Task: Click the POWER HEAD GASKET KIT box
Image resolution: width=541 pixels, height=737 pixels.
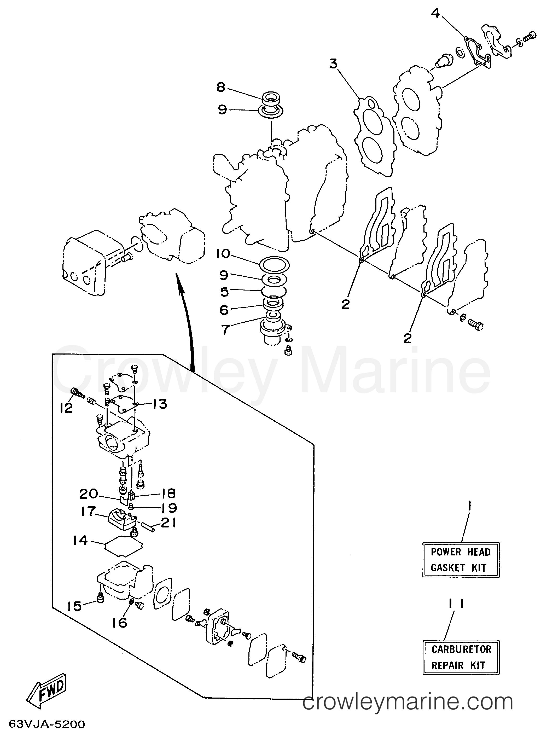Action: click(461, 560)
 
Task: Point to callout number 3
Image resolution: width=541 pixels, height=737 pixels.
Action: click(333, 63)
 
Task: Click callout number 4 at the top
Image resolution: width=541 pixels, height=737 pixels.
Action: click(435, 14)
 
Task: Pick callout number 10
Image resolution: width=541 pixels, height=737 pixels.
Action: click(223, 254)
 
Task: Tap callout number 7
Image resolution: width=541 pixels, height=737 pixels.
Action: click(225, 329)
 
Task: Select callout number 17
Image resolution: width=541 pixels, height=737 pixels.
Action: click(88, 511)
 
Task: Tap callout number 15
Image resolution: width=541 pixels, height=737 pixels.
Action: click(74, 606)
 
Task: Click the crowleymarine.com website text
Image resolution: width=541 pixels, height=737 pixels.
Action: click(408, 702)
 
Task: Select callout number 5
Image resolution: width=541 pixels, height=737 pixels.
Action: click(224, 292)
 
